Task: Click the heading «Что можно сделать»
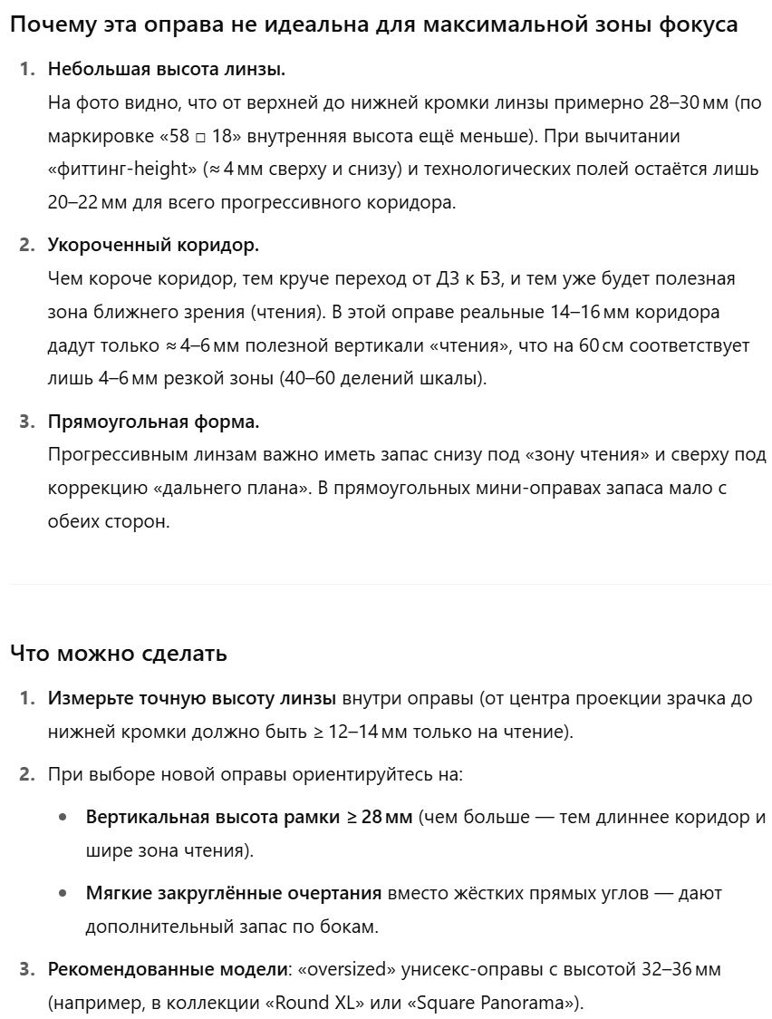[118, 653]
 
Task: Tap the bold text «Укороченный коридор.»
[153, 246]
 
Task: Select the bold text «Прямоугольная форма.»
[153, 422]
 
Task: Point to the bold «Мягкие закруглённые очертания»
[234, 894]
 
